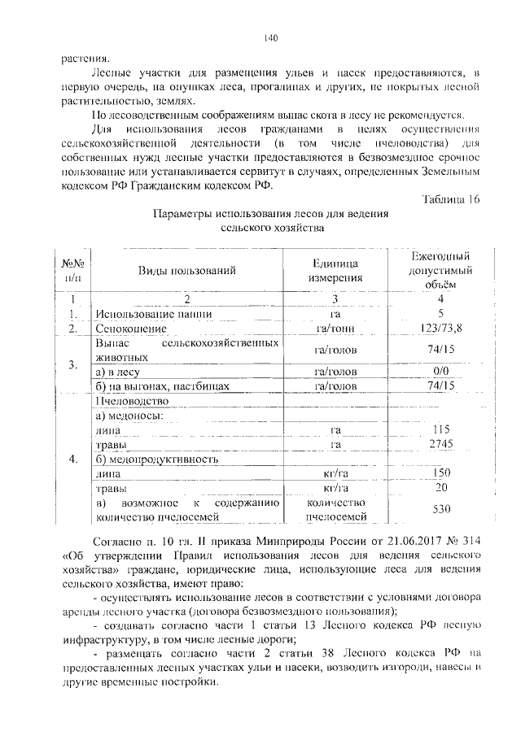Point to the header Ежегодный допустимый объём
tap(440, 270)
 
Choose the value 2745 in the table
tap(440, 443)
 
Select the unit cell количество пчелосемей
tap(335, 509)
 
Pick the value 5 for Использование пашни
tap(440, 313)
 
